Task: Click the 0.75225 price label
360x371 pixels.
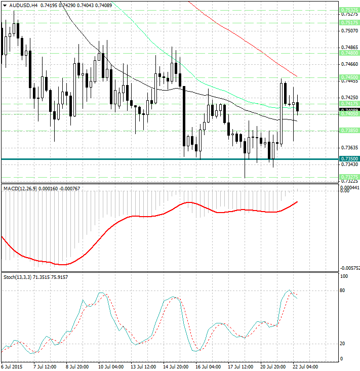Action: coord(349,10)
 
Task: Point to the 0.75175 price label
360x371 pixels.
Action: coord(349,23)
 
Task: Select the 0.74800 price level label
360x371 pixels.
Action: coord(349,53)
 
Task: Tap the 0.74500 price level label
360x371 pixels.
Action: coord(349,77)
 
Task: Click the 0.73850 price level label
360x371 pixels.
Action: coord(349,130)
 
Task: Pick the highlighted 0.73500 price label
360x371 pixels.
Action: coord(349,159)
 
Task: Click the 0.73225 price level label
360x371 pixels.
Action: coord(349,177)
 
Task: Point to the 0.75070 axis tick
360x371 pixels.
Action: coord(349,31)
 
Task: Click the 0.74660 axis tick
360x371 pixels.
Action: coord(349,64)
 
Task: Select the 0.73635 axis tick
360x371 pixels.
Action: coord(349,148)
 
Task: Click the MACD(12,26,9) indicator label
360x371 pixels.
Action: coord(18,188)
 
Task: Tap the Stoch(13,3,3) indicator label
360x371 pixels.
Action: coord(17,277)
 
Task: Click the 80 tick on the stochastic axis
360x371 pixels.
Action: coord(343,291)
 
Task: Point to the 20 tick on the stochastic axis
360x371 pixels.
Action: coord(343,344)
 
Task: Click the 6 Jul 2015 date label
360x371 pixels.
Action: coord(13,366)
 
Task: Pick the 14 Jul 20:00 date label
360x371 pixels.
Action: coord(177,366)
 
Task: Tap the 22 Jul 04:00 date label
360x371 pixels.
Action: coord(305,366)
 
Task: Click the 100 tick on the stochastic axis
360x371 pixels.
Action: coord(344,277)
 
